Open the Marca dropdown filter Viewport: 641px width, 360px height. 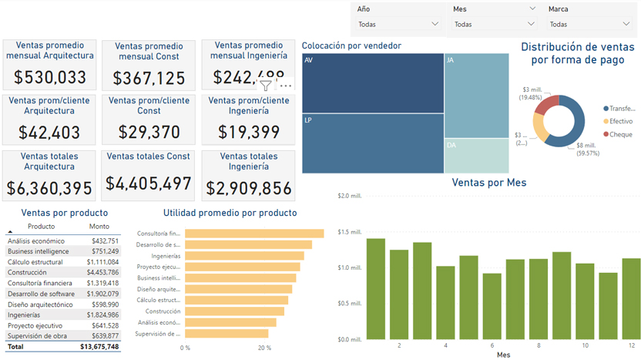click(x=590, y=24)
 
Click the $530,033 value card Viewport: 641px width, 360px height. click(x=50, y=77)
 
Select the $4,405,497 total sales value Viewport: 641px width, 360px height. click(x=149, y=183)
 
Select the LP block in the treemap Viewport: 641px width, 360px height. click(x=373, y=143)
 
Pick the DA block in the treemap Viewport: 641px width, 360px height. click(x=476, y=156)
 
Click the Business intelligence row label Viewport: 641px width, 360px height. click(x=38, y=251)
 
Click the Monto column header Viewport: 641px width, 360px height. click(x=99, y=227)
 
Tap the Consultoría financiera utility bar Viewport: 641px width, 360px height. click(x=254, y=234)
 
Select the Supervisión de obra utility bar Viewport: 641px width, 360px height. click(x=227, y=334)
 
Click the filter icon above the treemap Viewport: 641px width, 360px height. click(x=266, y=86)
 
